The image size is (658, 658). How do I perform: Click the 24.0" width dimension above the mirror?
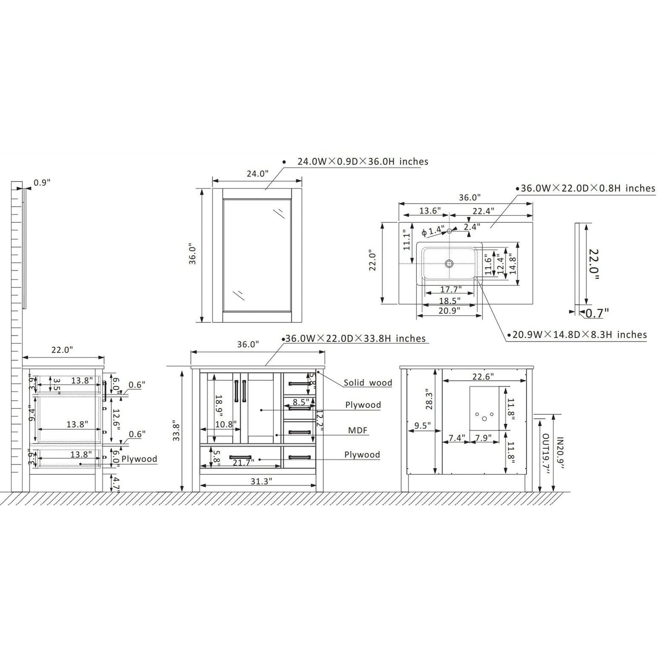point(257,173)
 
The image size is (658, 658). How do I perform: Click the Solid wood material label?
point(367,383)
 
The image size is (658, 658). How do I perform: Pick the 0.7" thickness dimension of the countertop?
point(597,313)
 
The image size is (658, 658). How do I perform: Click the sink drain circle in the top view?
point(449,263)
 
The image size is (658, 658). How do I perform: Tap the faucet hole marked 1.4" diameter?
point(449,231)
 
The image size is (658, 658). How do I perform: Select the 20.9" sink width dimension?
point(449,311)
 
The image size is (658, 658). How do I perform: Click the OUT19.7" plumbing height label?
point(545,460)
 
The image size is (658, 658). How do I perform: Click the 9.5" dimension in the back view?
point(423,426)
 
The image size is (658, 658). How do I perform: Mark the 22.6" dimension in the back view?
point(483,377)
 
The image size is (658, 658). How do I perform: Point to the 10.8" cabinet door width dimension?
point(225,424)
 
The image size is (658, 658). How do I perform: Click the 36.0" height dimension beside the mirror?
point(193,255)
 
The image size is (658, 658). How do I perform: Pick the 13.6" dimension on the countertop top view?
point(430,211)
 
